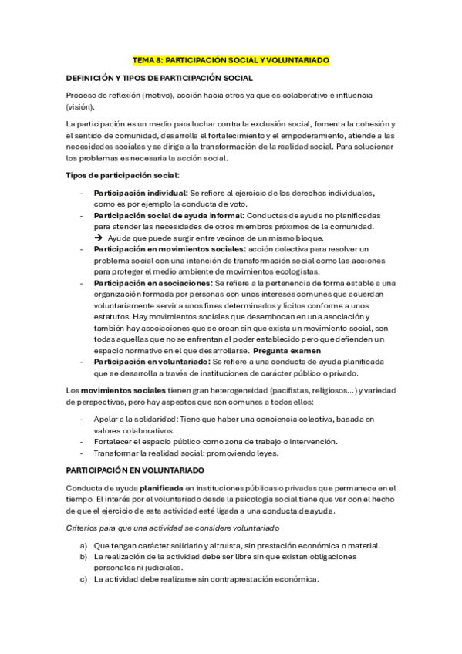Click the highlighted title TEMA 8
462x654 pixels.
231,59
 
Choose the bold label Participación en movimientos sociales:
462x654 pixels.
170,249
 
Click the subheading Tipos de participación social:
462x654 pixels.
123,176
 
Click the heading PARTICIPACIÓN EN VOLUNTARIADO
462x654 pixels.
135,469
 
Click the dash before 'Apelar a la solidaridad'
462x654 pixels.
83,418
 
